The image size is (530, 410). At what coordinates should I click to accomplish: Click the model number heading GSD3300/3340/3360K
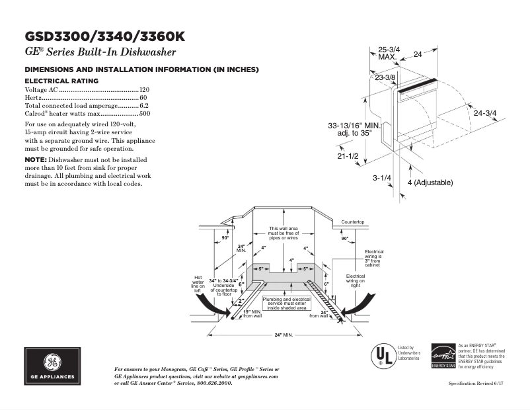pos(105,36)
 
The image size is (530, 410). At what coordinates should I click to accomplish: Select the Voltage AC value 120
pos(144,89)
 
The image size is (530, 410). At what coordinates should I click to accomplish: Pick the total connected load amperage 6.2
pos(144,105)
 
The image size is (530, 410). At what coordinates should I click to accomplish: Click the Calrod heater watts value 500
pos(144,114)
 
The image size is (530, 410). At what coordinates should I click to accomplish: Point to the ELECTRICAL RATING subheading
pos(61,81)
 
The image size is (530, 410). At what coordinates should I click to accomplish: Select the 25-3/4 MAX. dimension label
pos(388,53)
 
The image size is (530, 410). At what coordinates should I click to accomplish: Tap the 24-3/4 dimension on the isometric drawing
pos(485,113)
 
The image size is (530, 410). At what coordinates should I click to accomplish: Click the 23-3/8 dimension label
pos(385,78)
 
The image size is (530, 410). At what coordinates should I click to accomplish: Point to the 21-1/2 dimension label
pos(348,156)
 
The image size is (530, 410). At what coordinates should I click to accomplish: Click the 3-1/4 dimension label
pos(382,178)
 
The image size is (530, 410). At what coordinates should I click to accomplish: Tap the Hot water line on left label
pos(197,284)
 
